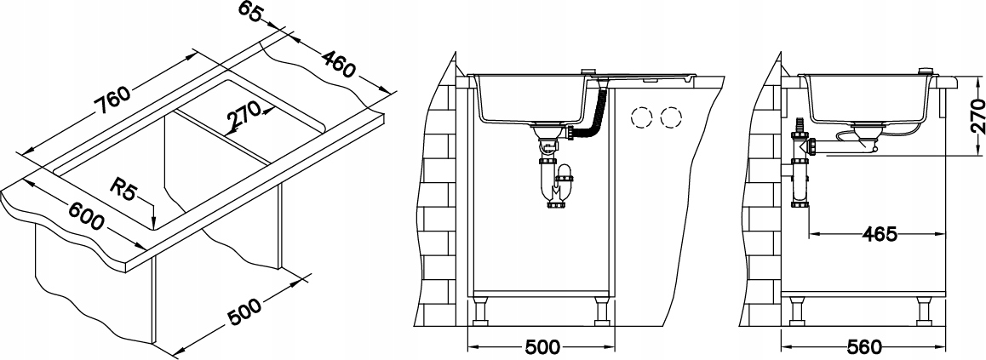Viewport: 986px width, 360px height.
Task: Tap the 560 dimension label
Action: click(x=864, y=347)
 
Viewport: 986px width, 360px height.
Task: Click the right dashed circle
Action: click(x=673, y=116)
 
